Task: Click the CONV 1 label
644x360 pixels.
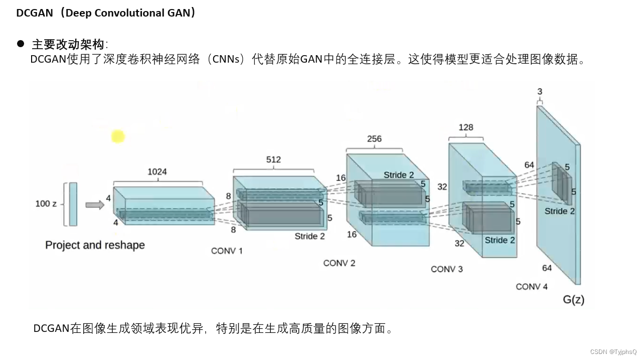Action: [x=227, y=251]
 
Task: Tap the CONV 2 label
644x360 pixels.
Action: [x=339, y=263]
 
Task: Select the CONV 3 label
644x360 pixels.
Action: [x=446, y=269]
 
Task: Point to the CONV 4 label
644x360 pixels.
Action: [x=532, y=287]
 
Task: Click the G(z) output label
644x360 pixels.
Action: [x=573, y=300]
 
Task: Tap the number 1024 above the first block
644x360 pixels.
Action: [x=157, y=172]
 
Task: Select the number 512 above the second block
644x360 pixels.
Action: [x=273, y=160]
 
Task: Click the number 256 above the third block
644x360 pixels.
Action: [x=374, y=139]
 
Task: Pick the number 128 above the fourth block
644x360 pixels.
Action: [x=466, y=127]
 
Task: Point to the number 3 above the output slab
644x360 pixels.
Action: [x=540, y=92]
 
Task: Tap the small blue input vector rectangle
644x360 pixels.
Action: [x=73, y=204]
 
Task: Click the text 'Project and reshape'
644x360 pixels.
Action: [x=95, y=245]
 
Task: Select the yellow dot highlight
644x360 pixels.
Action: [x=118, y=136]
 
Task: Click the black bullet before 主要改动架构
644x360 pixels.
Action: [x=21, y=44]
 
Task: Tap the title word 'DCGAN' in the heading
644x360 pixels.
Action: [x=34, y=13]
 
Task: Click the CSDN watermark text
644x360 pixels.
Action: [x=613, y=352]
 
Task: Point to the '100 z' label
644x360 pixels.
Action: [x=46, y=204]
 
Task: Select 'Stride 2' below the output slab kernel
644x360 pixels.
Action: [x=560, y=211]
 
